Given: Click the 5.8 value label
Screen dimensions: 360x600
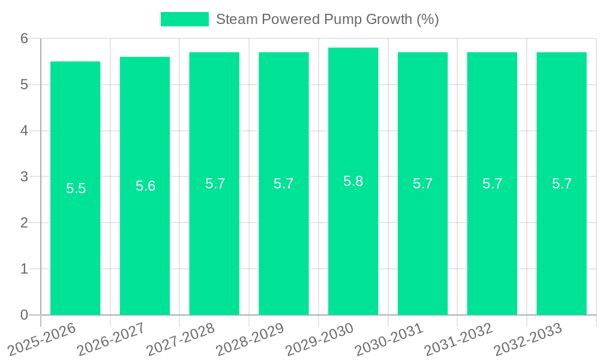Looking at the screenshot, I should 353,181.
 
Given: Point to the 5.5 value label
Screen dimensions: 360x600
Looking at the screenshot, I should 76,188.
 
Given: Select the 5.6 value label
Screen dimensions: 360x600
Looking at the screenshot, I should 145,186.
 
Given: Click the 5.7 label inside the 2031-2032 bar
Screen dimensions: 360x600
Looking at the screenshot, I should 492,184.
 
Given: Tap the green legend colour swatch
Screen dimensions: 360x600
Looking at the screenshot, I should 184,19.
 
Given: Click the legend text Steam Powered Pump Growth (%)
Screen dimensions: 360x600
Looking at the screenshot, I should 327,19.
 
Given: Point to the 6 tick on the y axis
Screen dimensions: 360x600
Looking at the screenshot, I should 24,38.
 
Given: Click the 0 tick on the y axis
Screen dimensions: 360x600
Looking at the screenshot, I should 24,315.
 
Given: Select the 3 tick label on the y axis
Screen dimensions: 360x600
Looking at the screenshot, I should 24,177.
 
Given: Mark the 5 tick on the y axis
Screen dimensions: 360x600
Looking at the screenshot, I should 24,85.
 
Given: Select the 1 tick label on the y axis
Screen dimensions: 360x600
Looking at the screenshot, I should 24,269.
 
